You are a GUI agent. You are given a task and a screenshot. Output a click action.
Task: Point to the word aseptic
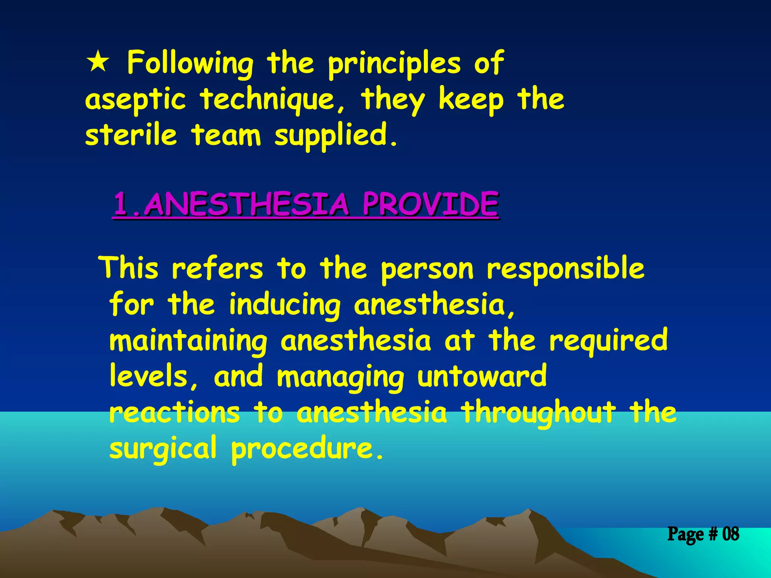pos(136,100)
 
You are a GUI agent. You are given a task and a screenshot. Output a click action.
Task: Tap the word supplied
pos(335,135)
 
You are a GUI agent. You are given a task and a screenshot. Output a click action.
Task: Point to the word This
pos(129,268)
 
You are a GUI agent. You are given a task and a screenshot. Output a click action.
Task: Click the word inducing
pos(285,305)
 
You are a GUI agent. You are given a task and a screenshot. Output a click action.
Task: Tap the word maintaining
pos(188,341)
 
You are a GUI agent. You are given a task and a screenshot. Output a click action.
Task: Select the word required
pos(608,341)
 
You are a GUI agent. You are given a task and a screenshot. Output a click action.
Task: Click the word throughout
pos(539,412)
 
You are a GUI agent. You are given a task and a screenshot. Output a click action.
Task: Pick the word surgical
pos(163,449)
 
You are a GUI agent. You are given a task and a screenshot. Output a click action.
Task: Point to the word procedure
pos(307,449)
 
